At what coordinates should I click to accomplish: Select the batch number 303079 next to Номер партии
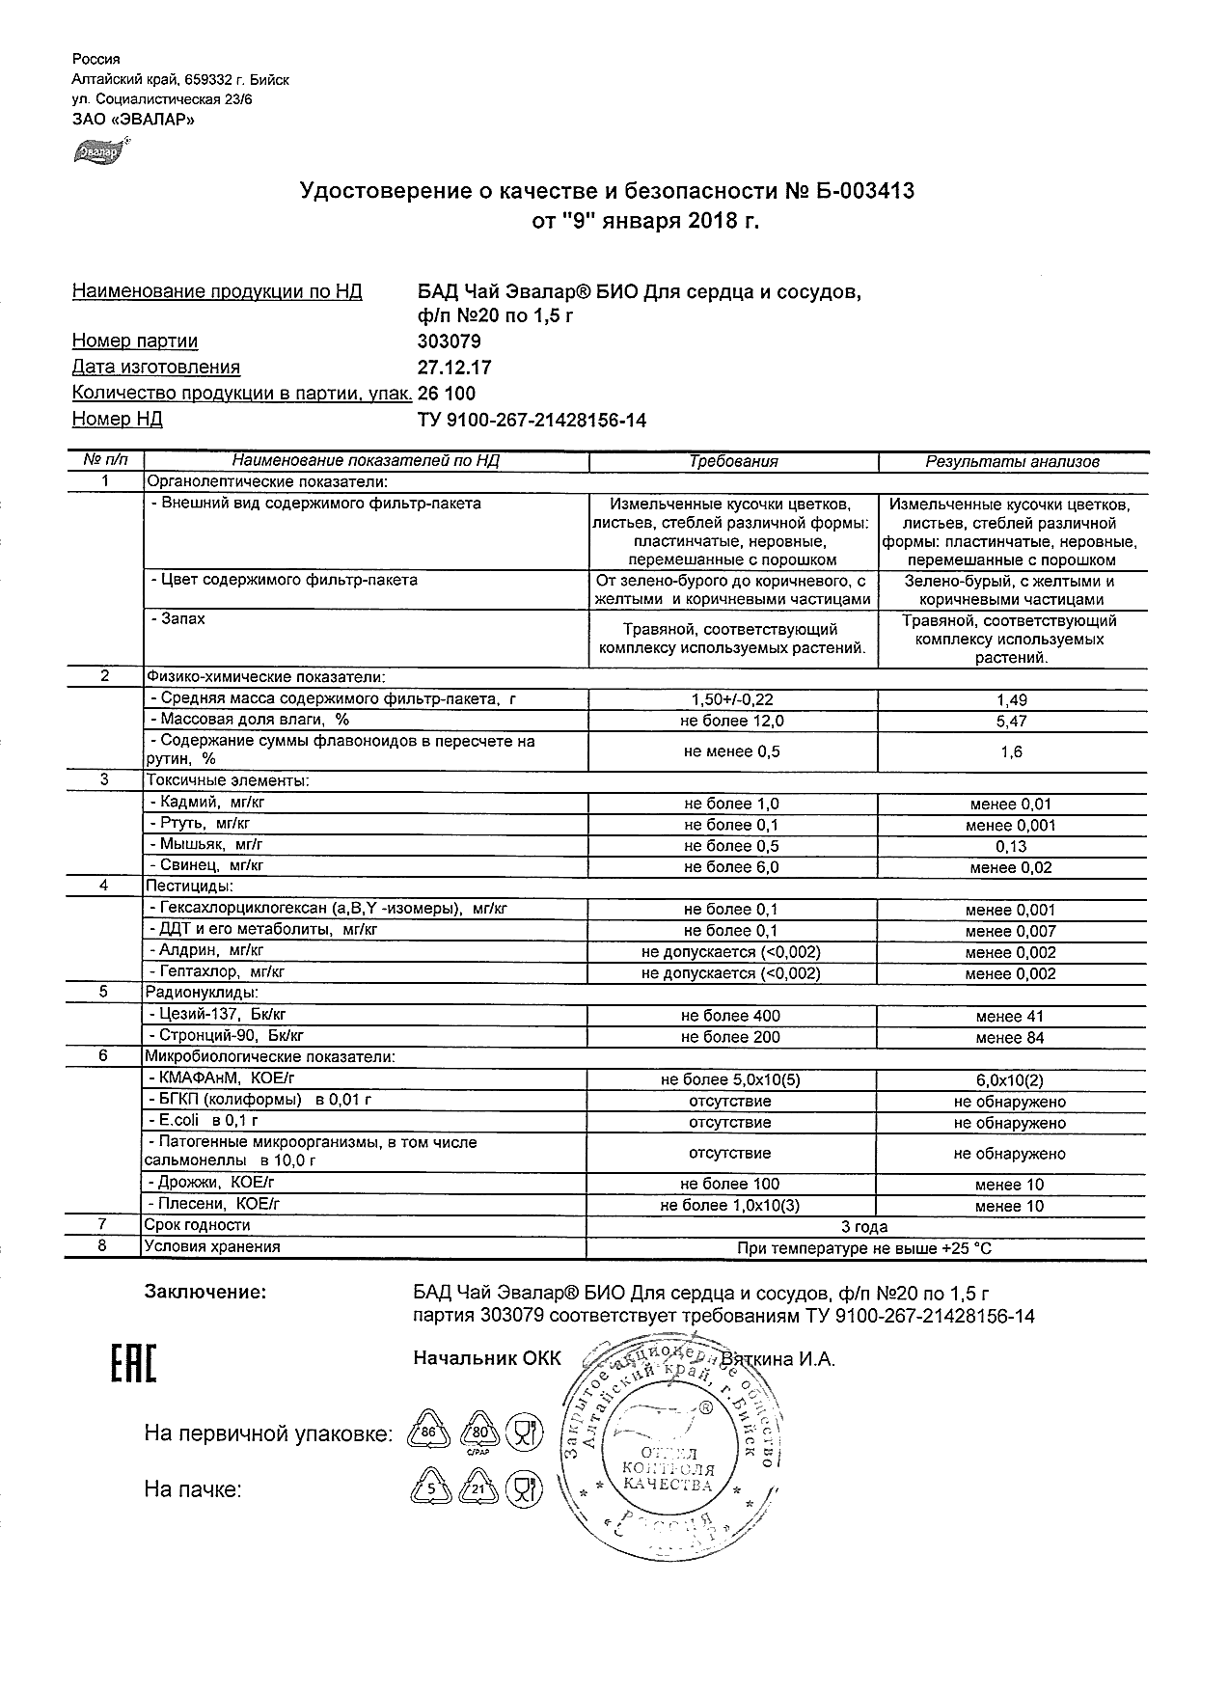[449, 341]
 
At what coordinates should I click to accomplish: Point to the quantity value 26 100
[447, 394]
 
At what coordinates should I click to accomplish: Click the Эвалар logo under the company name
[98, 150]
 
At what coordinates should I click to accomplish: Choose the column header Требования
[733, 462]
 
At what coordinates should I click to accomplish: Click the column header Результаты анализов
[1012, 462]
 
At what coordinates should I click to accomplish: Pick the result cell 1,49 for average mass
[1012, 700]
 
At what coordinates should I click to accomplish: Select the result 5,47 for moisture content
[1012, 722]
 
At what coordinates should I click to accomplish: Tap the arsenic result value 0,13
[1012, 847]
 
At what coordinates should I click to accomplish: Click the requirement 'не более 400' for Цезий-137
[730, 1016]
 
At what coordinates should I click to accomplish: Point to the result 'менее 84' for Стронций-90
[1010, 1038]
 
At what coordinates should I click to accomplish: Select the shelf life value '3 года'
[864, 1227]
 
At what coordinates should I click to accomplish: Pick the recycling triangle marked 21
[479, 1489]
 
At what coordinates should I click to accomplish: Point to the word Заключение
[205, 1292]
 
